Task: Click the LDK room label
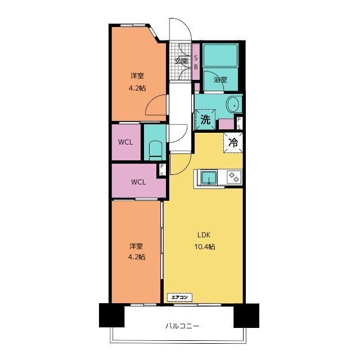204,235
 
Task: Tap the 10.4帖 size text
205,247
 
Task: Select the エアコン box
179,298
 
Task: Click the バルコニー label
182,326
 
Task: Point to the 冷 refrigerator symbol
233,142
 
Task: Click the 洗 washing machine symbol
205,119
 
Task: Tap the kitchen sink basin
209,177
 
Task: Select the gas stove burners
234,177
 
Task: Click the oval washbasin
234,105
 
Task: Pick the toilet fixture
155,151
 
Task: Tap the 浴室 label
220,80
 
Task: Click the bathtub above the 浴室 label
220,55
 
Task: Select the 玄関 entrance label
181,61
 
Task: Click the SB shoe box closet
196,62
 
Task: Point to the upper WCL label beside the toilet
125,142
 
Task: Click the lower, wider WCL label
138,182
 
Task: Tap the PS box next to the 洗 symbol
239,123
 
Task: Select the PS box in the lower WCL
162,170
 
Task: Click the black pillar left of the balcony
112,316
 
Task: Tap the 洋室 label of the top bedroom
137,76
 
